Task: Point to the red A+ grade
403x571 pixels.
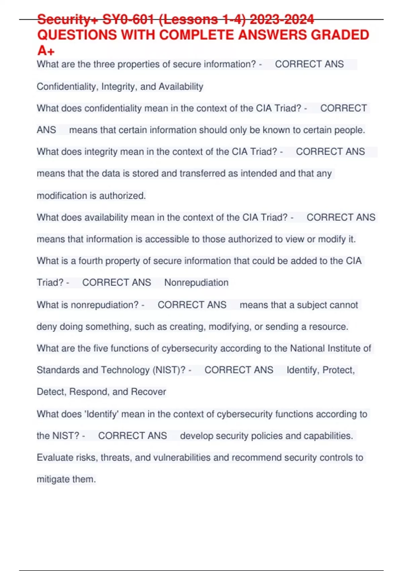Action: click(x=46, y=51)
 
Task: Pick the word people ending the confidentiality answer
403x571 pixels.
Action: click(x=350, y=130)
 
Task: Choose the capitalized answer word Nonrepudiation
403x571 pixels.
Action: click(x=196, y=283)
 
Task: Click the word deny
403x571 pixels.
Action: click(x=47, y=327)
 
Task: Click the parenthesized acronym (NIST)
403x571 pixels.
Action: click(x=169, y=370)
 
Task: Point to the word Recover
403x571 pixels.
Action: click(x=148, y=392)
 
